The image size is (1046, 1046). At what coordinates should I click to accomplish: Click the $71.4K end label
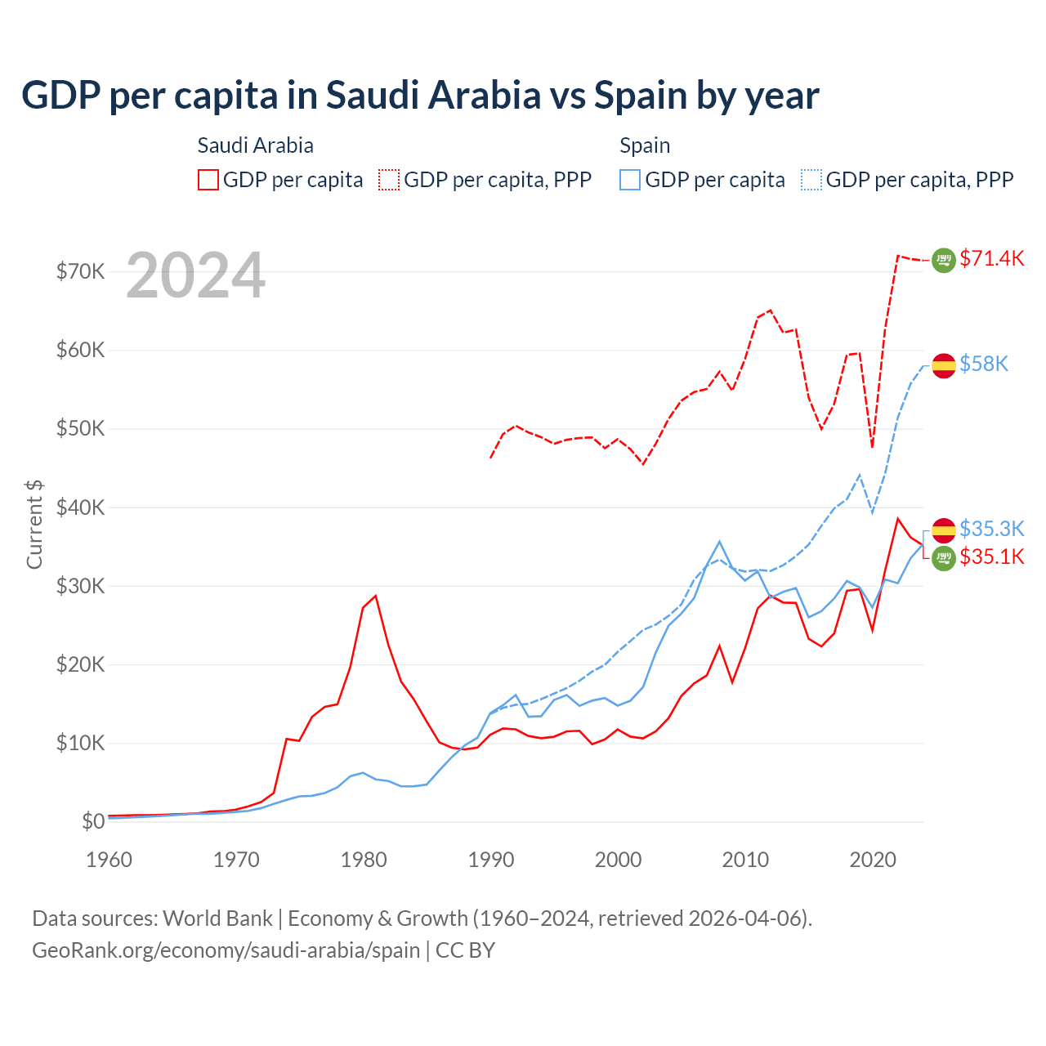tap(991, 259)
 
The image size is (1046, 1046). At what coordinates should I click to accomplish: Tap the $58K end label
tap(984, 364)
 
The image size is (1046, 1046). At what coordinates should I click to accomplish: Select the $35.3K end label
tap(991, 529)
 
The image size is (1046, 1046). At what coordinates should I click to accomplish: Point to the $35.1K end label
tap(991, 557)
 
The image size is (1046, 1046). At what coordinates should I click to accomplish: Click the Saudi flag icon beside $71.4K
tap(944, 260)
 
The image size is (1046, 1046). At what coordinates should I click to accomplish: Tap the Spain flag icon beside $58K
tap(944, 365)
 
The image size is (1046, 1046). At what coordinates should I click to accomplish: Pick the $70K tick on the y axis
tap(80, 271)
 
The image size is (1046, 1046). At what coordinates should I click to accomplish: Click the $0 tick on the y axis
tap(93, 821)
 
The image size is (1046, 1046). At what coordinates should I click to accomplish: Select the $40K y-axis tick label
tap(80, 507)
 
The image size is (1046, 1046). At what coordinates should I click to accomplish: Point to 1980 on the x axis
tap(364, 860)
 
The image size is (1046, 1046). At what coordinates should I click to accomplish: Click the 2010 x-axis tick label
tap(745, 860)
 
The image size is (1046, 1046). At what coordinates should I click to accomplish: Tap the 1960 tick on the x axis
tap(110, 860)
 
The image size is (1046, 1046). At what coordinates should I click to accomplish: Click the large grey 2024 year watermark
tap(196, 275)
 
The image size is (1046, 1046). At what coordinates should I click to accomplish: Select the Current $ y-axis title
tap(34, 524)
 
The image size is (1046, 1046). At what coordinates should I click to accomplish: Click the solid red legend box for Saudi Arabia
tap(208, 180)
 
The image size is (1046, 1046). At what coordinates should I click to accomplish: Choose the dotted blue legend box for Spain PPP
tap(811, 180)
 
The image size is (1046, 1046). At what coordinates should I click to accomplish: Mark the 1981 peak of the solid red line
tap(376, 596)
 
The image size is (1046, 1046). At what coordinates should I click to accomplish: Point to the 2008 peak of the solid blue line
tap(719, 541)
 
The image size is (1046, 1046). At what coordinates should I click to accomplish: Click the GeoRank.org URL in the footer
tap(226, 950)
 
